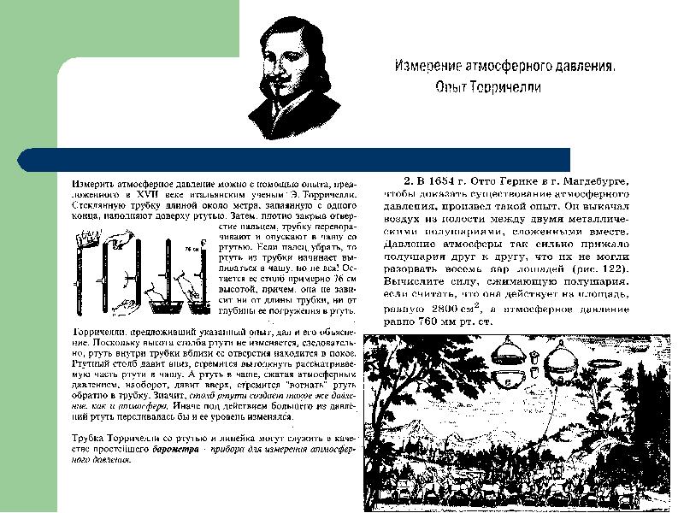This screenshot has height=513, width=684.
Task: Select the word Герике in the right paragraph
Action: tap(533, 181)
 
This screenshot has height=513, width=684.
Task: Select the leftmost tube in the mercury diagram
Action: tap(85, 274)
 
